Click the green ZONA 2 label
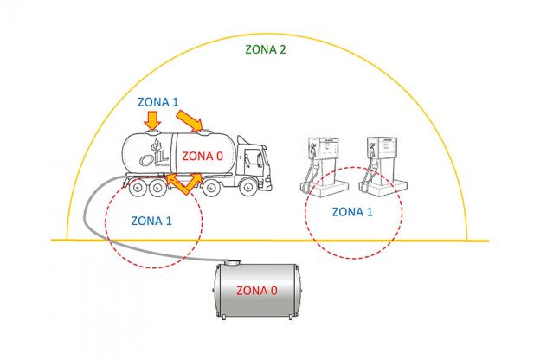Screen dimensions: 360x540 coord(265,49)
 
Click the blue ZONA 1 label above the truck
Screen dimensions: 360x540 coord(158,101)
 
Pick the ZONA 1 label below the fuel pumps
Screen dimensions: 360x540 coord(354,210)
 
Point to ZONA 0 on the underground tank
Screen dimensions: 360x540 coord(256,291)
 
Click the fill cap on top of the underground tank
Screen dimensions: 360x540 coord(231,259)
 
